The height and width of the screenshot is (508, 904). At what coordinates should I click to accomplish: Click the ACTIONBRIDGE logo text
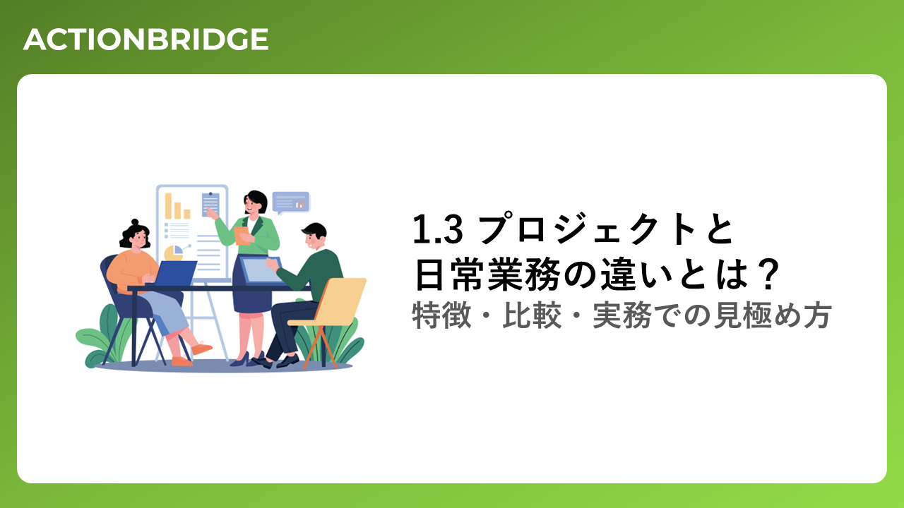[145, 40]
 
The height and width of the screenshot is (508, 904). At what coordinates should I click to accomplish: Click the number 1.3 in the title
[437, 229]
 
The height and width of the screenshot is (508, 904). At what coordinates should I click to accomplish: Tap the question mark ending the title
[766, 274]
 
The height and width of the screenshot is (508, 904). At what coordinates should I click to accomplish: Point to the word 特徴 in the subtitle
[441, 315]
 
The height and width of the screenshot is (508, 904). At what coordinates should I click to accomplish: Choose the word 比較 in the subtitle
[532, 315]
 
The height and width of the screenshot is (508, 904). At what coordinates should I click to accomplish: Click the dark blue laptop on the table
[174, 273]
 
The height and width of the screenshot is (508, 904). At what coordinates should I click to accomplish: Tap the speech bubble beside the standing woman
[290, 202]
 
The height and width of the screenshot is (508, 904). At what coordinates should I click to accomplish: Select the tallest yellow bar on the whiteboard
[168, 206]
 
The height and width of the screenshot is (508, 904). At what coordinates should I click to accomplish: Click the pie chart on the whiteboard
[174, 253]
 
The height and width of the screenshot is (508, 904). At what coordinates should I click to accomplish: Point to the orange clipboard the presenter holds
[242, 236]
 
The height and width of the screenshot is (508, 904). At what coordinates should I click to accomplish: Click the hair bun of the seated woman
[135, 222]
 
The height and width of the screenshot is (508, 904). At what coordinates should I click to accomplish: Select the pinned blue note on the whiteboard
[210, 204]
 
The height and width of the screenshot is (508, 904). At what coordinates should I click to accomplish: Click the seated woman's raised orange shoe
[201, 348]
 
